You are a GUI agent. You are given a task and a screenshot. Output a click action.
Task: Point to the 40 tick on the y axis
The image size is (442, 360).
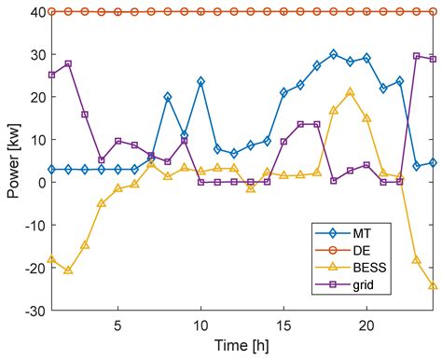pos(35,12)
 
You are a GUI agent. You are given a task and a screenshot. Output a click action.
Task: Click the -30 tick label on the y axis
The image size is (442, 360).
pos(33,310)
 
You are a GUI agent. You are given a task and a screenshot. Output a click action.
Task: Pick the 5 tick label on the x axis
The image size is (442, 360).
pos(117,325)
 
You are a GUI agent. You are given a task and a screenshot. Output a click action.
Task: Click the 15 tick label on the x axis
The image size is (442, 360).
pos(283,325)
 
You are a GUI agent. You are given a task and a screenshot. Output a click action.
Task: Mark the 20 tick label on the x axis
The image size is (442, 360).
pos(366,325)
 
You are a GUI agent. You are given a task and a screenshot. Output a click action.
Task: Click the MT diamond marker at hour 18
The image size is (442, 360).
pos(333,54)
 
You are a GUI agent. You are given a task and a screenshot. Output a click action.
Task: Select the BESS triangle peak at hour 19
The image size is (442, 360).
pos(350,92)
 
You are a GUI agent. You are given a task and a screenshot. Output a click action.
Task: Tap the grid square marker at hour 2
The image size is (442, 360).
pos(68,63)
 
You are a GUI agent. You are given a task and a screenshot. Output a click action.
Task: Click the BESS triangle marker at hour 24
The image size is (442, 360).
pos(433,285)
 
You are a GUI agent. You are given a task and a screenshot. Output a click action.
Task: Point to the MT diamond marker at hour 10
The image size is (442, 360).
pos(200,81)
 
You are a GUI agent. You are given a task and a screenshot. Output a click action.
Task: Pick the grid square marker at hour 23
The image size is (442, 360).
pos(416,56)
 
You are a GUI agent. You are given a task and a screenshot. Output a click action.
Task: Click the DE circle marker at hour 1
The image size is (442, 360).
pos(51,12)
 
